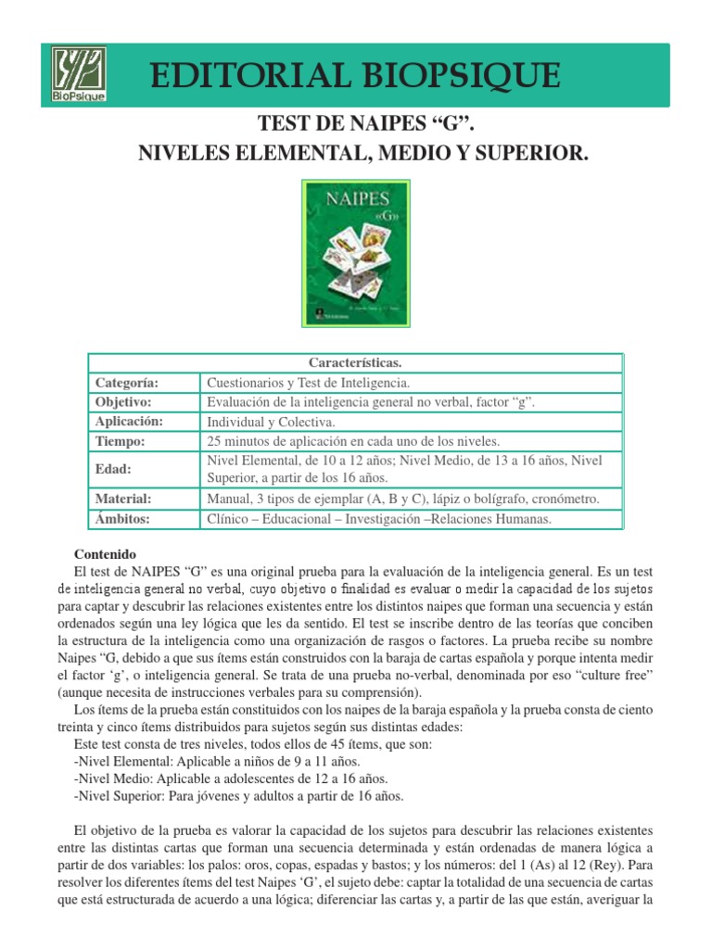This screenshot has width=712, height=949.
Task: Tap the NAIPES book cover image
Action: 357,253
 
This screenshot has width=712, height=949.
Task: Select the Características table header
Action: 357,363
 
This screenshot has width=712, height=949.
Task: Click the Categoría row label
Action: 127,382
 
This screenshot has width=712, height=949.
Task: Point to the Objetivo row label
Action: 123,401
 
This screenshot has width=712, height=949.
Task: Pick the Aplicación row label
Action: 129,421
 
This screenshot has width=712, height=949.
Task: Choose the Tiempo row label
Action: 121,441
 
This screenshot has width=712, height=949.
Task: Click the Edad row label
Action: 114,469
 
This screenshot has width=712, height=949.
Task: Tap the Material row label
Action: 123,499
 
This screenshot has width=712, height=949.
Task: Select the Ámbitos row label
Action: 123,519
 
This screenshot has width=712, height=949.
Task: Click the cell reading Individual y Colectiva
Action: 271,422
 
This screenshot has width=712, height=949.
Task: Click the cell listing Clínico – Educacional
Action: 379,519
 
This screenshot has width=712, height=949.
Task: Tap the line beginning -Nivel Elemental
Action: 203,762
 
